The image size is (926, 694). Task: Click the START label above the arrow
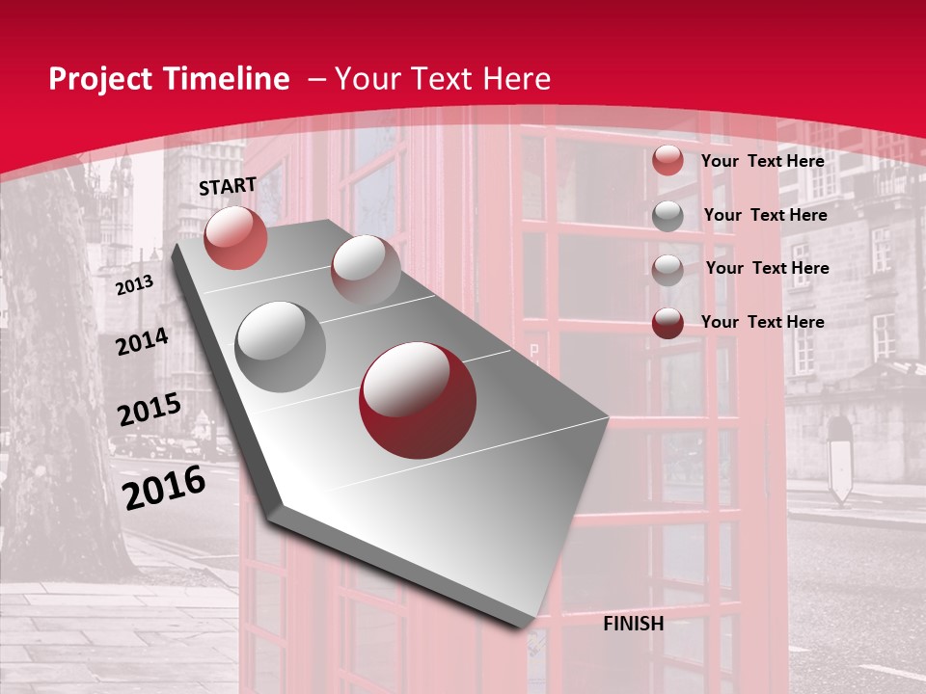[x=228, y=185]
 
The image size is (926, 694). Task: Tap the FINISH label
[x=633, y=624]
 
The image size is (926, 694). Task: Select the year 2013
[x=134, y=285]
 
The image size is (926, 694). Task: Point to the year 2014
[x=142, y=341]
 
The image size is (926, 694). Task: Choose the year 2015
[x=150, y=410]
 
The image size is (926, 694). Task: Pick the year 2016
[x=164, y=487]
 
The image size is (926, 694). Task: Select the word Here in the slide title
[x=516, y=79]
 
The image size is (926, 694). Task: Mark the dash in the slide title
[x=316, y=79]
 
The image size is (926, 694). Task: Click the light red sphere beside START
[x=235, y=237]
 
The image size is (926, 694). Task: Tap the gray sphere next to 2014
[x=280, y=346]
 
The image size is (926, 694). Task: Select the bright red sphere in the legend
[x=667, y=161]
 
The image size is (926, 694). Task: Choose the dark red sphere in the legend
[x=667, y=322]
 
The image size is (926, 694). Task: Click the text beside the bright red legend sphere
[x=762, y=161]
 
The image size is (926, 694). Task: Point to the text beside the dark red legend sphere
[x=762, y=322]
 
